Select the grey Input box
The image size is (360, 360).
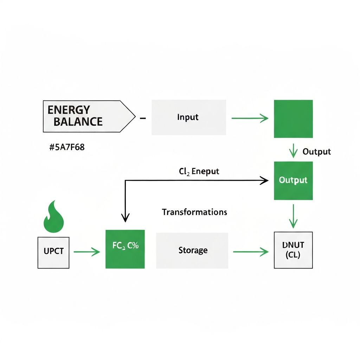point(188,117)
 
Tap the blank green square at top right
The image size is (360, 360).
point(293,119)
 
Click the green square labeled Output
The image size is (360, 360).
point(293,180)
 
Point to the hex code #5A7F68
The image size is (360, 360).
point(67,147)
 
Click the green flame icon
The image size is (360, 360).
point(54,215)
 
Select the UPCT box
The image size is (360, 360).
point(53,252)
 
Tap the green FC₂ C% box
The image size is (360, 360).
point(125,249)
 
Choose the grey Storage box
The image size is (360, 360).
point(192,251)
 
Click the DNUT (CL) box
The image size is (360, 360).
point(293,251)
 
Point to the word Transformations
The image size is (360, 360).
point(194,212)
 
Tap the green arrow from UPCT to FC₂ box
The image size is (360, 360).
point(87,251)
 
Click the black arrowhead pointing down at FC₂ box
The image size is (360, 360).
point(125,218)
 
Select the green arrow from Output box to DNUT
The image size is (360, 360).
point(293,217)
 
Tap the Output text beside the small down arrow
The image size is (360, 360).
point(316,152)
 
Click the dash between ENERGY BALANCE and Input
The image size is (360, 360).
point(143,119)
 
